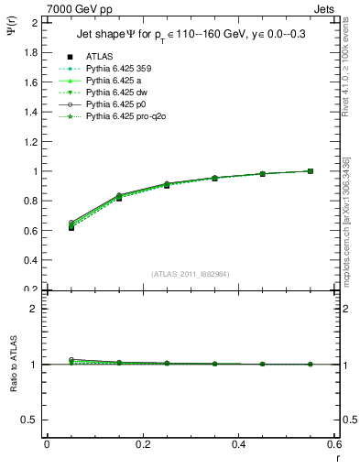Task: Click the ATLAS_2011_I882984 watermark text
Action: tap(191, 274)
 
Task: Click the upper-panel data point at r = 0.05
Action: tap(71, 226)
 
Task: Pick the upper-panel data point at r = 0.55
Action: tap(311, 171)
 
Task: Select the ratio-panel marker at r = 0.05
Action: tap(71, 361)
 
